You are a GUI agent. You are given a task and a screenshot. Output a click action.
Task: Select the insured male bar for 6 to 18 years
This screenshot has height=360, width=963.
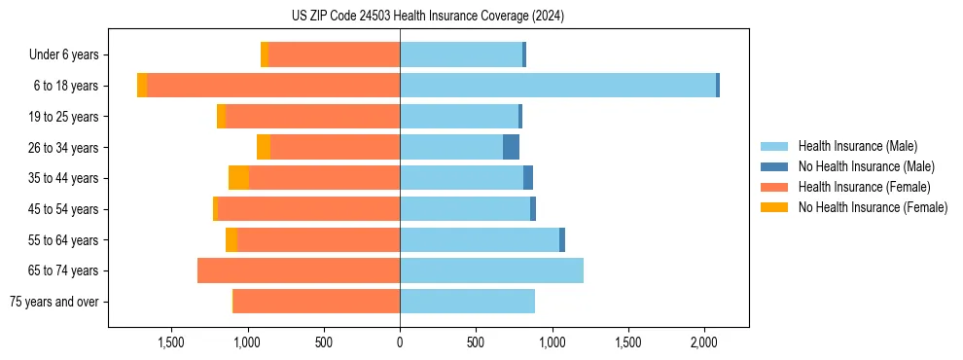[557, 86]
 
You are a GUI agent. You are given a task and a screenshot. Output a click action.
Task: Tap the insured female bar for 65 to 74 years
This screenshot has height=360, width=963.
[299, 270]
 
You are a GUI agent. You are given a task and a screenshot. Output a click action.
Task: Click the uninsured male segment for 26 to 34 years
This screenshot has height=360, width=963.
[511, 147]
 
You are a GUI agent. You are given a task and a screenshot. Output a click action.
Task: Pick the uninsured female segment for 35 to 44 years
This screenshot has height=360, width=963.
[238, 178]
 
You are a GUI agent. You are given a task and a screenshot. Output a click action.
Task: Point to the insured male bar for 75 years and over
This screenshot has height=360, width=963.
[467, 302]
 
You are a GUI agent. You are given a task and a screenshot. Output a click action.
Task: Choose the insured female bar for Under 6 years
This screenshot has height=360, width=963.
[334, 54]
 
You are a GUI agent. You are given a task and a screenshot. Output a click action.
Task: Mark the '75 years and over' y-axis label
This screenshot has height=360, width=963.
[54, 302]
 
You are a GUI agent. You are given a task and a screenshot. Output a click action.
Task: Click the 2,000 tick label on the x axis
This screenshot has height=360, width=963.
[704, 343]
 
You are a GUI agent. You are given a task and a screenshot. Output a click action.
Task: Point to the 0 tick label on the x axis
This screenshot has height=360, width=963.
[400, 343]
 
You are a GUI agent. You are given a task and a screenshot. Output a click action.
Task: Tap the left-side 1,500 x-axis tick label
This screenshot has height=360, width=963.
[171, 343]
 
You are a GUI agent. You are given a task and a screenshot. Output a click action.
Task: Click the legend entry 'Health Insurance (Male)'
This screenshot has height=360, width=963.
[857, 146]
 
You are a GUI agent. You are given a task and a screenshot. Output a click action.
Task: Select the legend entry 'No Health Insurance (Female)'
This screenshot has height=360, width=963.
[873, 207]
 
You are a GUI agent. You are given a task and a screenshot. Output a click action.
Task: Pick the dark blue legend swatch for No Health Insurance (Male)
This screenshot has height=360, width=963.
[774, 166]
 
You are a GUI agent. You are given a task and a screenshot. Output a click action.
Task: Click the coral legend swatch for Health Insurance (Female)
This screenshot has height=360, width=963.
[774, 187]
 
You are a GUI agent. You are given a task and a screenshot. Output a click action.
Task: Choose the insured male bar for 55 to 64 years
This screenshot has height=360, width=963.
[480, 239]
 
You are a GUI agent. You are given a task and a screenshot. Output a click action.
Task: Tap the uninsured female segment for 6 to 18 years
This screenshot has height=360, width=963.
[142, 86]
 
